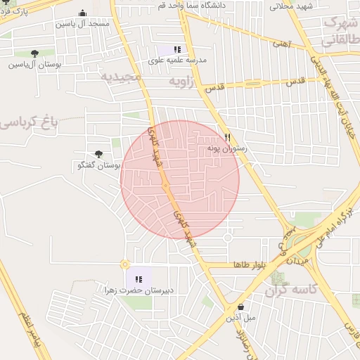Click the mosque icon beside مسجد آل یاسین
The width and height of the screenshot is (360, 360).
pyautogui.click(x=83, y=13)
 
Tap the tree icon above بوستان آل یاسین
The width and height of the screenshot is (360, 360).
pyautogui.click(x=34, y=53)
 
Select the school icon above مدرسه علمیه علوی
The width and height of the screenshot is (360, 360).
pyautogui.click(x=177, y=50)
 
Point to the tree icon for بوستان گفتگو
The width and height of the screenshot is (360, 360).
pyautogui.click(x=98, y=154)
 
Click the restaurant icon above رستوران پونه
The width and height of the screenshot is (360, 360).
pyautogui.click(x=227, y=138)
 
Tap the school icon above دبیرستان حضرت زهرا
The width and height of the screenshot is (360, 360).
pyautogui.click(x=138, y=279)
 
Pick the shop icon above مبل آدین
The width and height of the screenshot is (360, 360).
pyautogui.click(x=241, y=307)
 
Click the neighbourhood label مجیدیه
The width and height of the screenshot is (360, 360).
pyautogui.click(x=119, y=75)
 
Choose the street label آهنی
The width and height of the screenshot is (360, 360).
pyautogui.click(x=281, y=44)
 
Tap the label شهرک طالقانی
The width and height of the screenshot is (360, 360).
pyautogui.click(x=340, y=32)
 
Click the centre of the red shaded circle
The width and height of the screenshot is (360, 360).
pyautogui.click(x=180, y=179)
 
